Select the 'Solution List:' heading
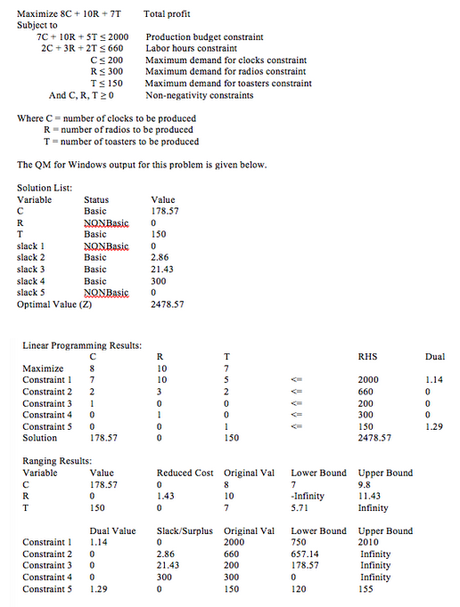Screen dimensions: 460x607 click(x=44, y=188)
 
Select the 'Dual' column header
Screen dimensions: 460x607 click(x=435, y=356)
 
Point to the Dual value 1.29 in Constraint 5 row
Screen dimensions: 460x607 click(x=434, y=426)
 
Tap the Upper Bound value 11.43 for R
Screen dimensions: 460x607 click(x=370, y=496)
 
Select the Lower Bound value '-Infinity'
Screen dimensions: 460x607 click(x=308, y=496)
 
